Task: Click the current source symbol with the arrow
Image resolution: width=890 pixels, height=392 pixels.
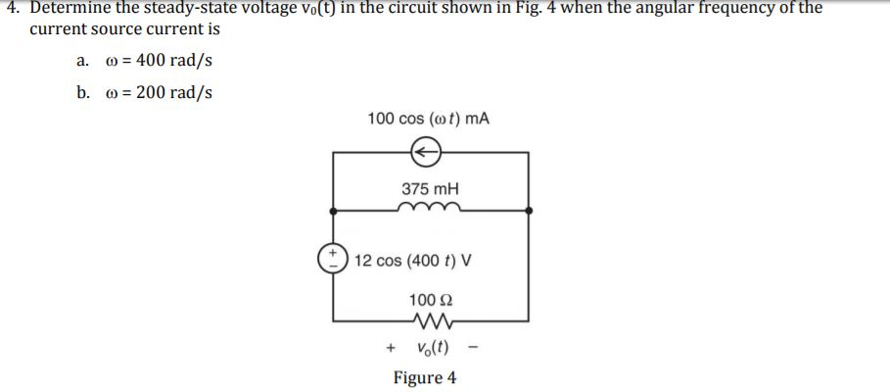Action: tap(425, 152)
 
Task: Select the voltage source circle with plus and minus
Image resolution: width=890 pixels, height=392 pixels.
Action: tap(333, 260)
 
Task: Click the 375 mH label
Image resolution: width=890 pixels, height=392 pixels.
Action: tap(430, 188)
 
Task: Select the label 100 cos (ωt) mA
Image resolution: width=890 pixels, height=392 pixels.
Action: tap(428, 119)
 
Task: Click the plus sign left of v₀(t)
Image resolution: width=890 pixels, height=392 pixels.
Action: tap(391, 347)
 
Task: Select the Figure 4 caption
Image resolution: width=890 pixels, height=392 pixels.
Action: tap(424, 377)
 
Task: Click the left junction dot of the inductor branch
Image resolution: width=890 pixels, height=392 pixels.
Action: tap(333, 210)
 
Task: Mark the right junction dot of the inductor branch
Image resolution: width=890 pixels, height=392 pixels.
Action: tap(529, 210)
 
